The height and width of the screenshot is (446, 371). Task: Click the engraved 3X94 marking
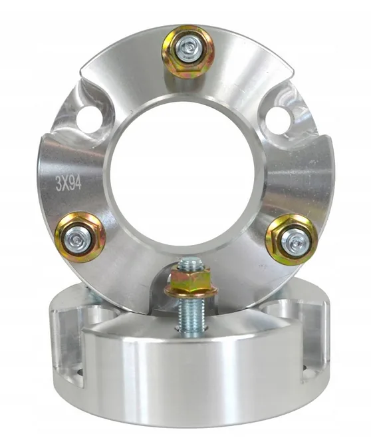click(x=68, y=184)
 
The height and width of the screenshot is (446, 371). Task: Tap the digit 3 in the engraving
click(x=59, y=184)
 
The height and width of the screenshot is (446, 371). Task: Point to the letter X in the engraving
click(x=65, y=184)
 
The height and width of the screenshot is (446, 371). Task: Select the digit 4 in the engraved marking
click(x=78, y=183)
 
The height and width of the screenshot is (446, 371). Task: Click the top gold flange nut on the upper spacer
click(x=187, y=51)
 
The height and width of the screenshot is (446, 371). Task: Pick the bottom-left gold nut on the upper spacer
click(x=80, y=237)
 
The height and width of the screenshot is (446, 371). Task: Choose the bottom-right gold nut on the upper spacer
click(x=291, y=240)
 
